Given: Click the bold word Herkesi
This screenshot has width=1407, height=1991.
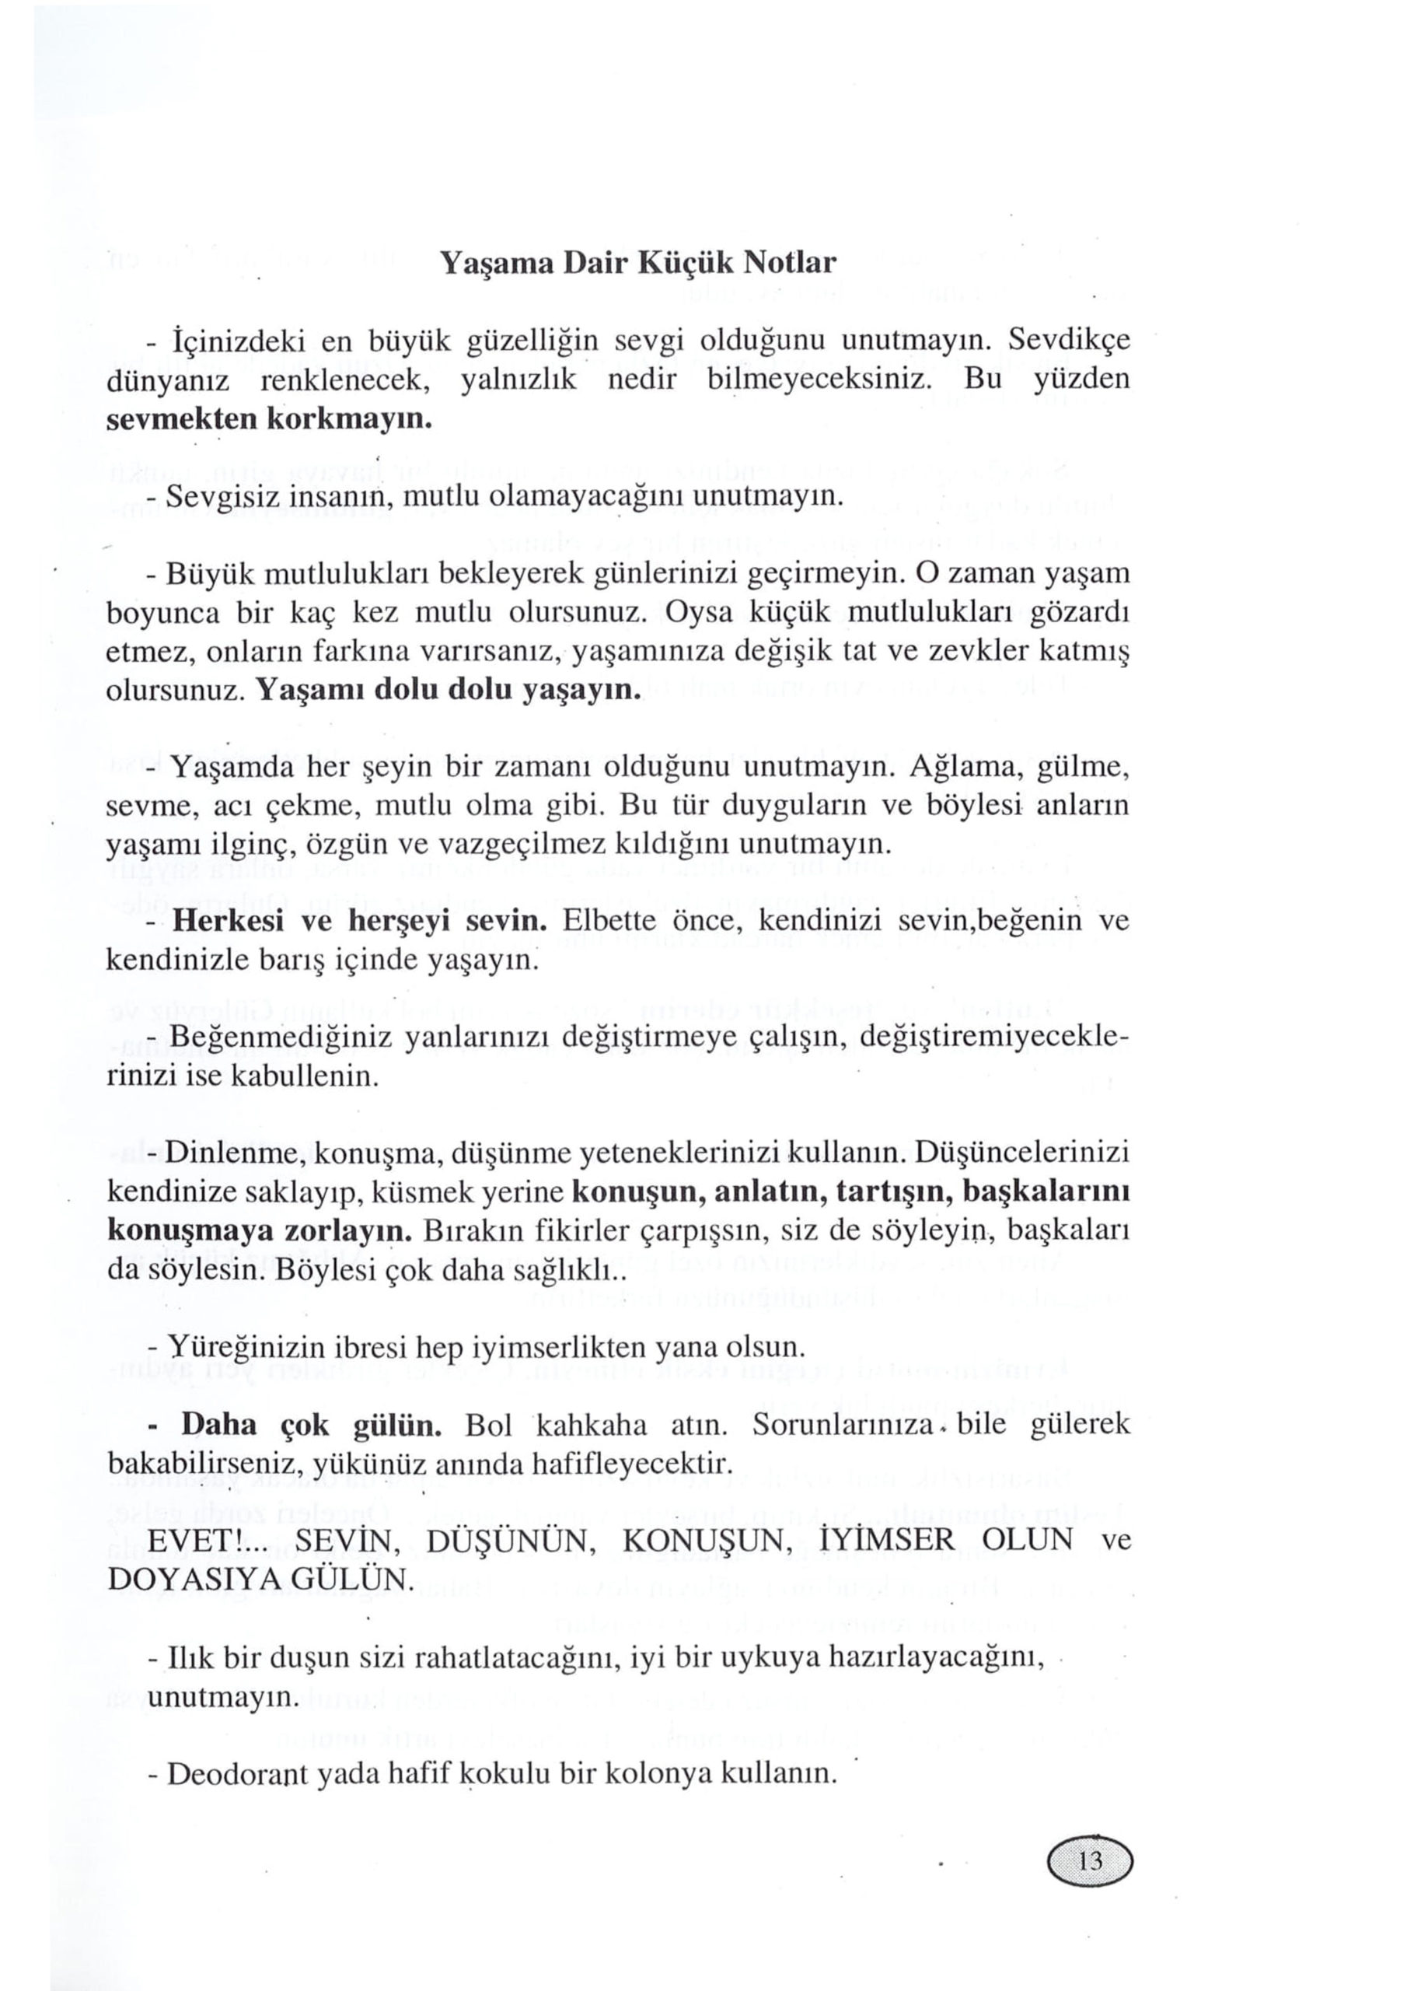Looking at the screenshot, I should (x=229, y=921).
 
